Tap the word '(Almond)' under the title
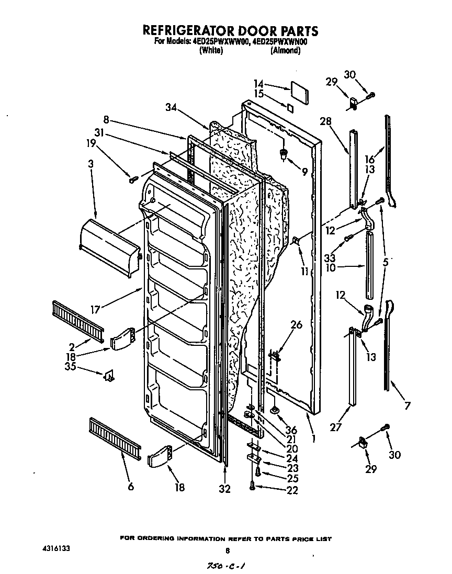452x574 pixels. coord(285,51)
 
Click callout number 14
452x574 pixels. coord(259,83)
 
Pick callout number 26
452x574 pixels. coord(296,325)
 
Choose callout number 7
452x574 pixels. coord(407,406)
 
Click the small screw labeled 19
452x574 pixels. coord(132,180)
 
